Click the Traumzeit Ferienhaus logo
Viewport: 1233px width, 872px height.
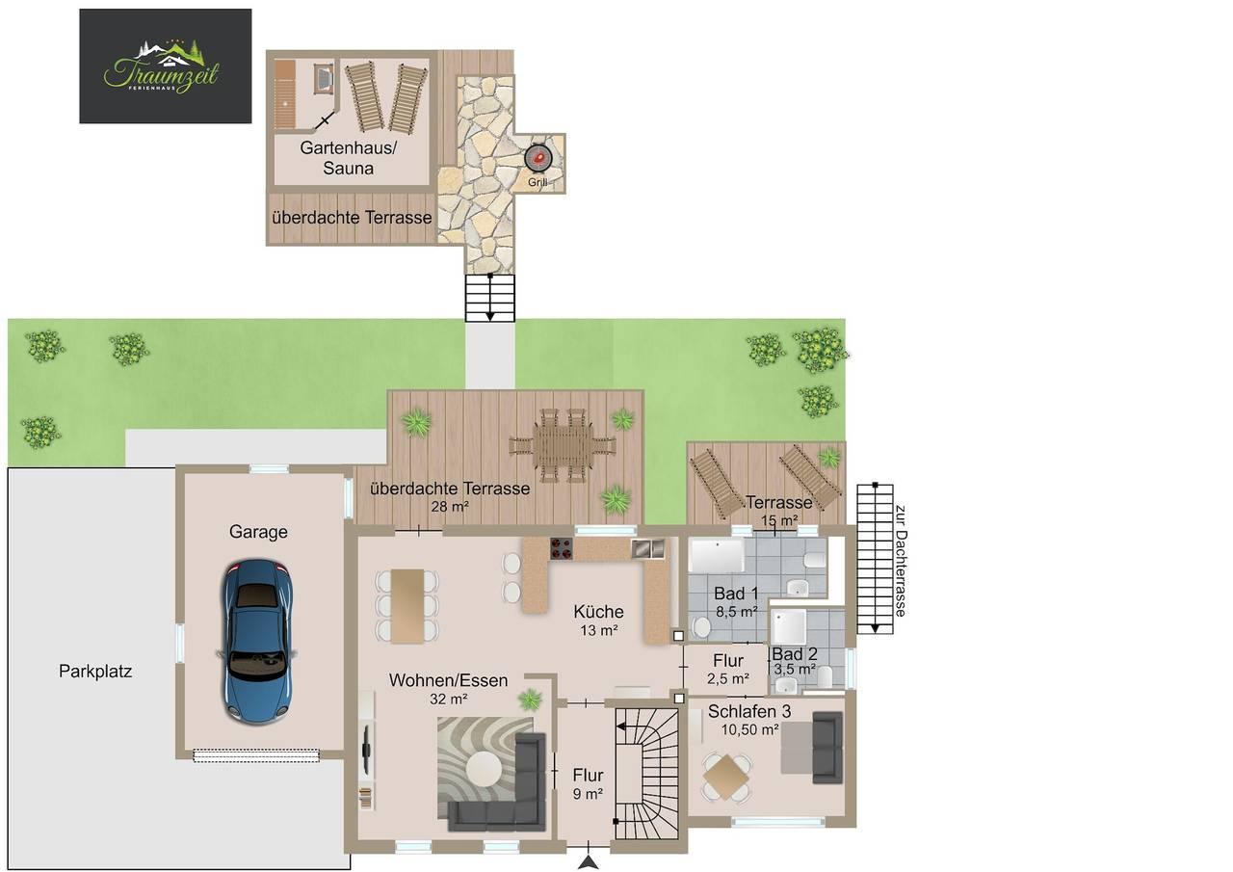[x=165, y=66]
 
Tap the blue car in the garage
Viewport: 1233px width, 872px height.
[x=257, y=641]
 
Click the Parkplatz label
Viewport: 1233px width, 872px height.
[x=95, y=672]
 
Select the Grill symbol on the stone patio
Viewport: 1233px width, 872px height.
[x=538, y=157]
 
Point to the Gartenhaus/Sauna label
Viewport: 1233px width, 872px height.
[x=349, y=157]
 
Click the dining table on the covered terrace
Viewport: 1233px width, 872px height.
[x=562, y=445]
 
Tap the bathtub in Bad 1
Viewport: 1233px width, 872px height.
[x=717, y=555]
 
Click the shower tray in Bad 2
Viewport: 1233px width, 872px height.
[x=789, y=626]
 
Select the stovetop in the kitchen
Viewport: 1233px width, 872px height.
[x=561, y=548]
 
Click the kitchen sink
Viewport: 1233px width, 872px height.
[x=647, y=548]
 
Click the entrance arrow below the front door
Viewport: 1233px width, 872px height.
[x=589, y=861]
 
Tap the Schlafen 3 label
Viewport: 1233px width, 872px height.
[x=749, y=711]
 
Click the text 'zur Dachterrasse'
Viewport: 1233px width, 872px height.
[x=901, y=561]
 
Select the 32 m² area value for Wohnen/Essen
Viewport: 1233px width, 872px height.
[x=449, y=700]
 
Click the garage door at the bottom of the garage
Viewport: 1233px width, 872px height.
[x=256, y=755]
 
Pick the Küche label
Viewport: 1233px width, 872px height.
[x=598, y=611]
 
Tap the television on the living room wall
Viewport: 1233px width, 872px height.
[x=366, y=750]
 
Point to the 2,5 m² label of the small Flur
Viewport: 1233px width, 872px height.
[x=728, y=678]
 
